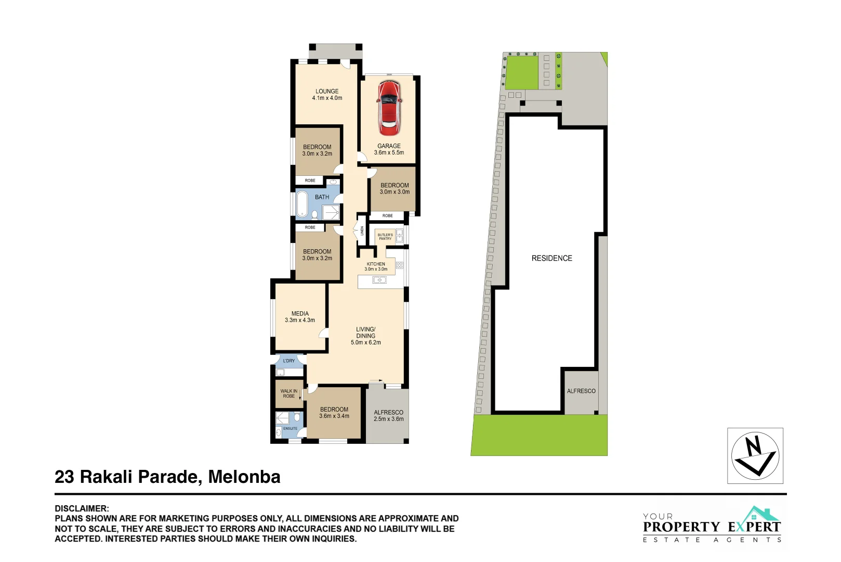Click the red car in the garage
[389, 108]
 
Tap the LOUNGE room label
[327, 94]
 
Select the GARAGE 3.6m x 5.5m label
[389, 149]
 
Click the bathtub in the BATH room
[303, 204]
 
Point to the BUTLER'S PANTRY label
[385, 237]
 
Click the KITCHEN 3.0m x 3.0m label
[376, 266]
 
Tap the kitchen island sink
[379, 280]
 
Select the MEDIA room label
[300, 317]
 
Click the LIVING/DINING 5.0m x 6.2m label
[365, 336]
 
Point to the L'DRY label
[289, 361]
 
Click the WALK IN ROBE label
[288, 393]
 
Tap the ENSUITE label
[290, 429]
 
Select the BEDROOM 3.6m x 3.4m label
[334, 413]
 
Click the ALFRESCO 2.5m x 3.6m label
[388, 415]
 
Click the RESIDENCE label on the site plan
[551, 258]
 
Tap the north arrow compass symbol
[755, 456]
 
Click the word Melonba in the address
[244, 477]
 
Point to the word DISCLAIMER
[82, 508]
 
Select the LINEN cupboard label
[362, 231]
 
